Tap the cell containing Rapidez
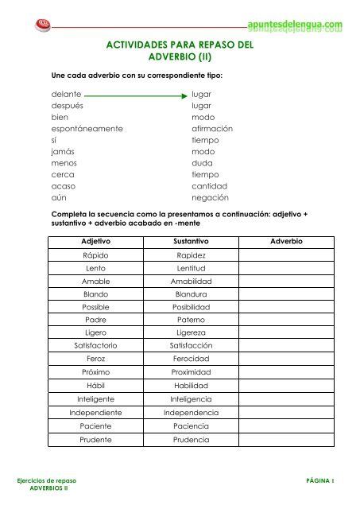tap(191, 256)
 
